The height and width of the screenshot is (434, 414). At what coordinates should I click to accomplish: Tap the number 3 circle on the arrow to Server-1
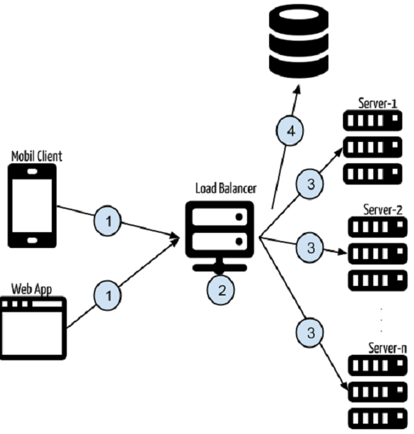[x=310, y=185]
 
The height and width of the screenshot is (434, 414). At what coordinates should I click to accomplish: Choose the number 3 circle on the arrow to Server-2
[x=310, y=246]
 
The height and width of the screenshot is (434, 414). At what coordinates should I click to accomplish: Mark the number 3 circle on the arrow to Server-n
[x=310, y=333]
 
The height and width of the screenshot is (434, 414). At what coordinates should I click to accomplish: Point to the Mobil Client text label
[x=37, y=156]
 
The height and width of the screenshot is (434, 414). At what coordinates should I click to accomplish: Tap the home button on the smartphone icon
[x=33, y=240]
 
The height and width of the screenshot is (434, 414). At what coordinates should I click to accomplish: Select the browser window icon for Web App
[x=32, y=328]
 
